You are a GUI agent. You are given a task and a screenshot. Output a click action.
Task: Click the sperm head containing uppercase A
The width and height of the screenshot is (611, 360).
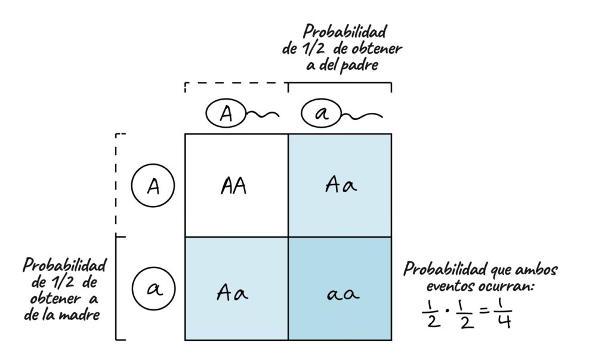point(226,113)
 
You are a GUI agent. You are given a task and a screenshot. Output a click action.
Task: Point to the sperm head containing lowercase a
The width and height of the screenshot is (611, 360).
point(320,113)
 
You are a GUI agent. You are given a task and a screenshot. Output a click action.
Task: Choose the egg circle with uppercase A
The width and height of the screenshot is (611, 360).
point(153,187)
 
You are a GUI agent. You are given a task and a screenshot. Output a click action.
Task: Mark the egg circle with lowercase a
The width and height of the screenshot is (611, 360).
point(153,289)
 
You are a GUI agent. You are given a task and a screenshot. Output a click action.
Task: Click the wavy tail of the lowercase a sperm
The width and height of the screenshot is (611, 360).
point(361,113)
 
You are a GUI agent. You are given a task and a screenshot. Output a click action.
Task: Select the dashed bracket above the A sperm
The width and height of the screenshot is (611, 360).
point(236,84)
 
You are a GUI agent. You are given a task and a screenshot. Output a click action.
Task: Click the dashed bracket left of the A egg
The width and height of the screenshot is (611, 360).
point(116,185)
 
